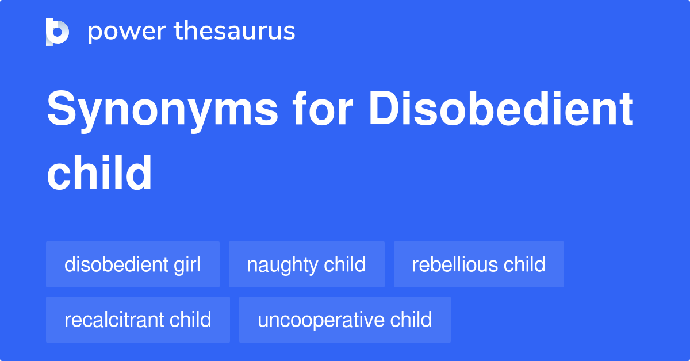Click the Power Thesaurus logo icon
click(57, 32)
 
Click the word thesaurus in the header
click(235, 32)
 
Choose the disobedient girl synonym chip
click(133, 264)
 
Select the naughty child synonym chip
click(306, 264)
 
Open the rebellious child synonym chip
click(478, 264)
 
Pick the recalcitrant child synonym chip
click(138, 320)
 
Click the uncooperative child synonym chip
click(345, 320)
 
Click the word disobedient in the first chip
click(116, 264)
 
